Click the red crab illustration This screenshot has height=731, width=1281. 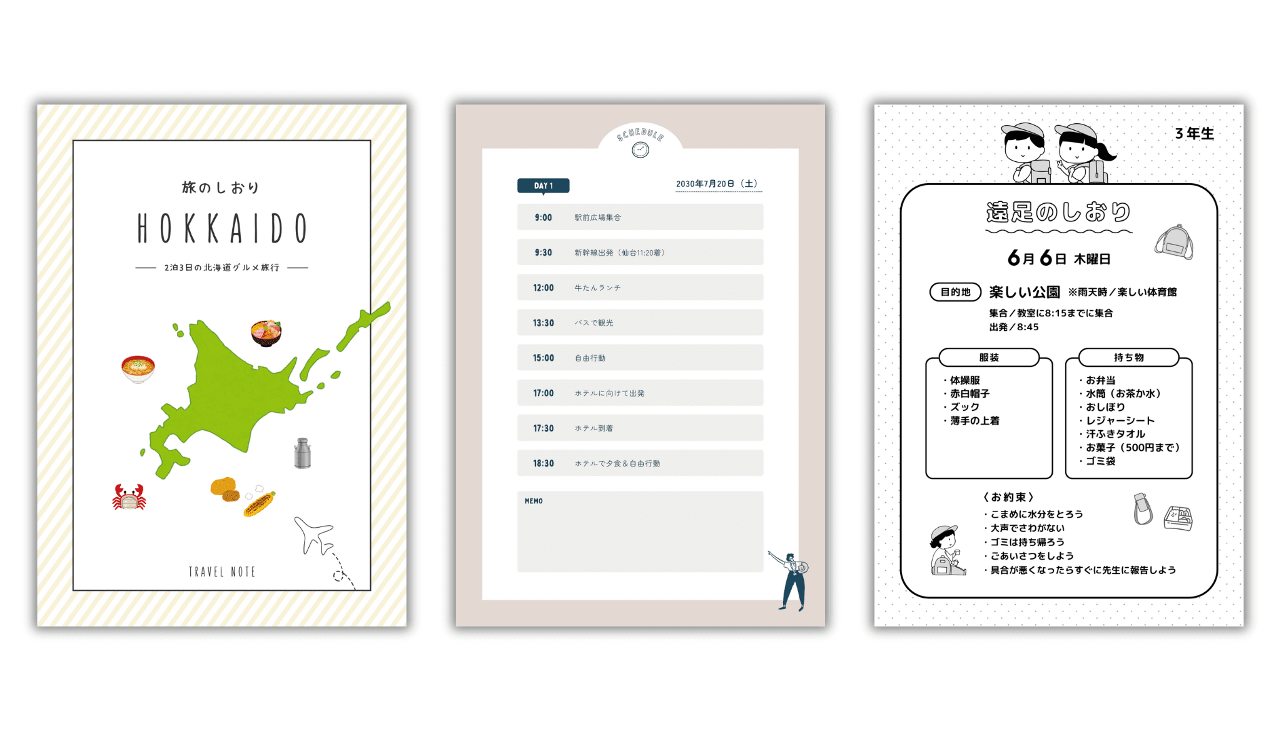129,498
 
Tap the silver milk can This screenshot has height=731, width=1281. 303,453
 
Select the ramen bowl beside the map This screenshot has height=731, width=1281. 138,369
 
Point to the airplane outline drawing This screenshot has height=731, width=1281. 314,535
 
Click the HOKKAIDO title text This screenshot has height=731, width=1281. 221,228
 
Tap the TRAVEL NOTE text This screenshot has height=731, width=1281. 221,572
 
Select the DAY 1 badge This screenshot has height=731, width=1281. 543,186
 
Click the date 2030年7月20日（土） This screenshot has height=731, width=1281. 717,184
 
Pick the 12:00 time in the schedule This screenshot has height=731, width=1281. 543,288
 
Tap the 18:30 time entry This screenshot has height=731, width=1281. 543,463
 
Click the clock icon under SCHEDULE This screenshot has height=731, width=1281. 640,149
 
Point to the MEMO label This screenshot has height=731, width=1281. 534,501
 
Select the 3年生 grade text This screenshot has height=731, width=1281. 1194,133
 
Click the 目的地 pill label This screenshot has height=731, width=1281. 955,292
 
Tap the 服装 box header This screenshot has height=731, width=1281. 989,358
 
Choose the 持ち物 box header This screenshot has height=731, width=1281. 1128,358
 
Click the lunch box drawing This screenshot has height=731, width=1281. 1178,518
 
